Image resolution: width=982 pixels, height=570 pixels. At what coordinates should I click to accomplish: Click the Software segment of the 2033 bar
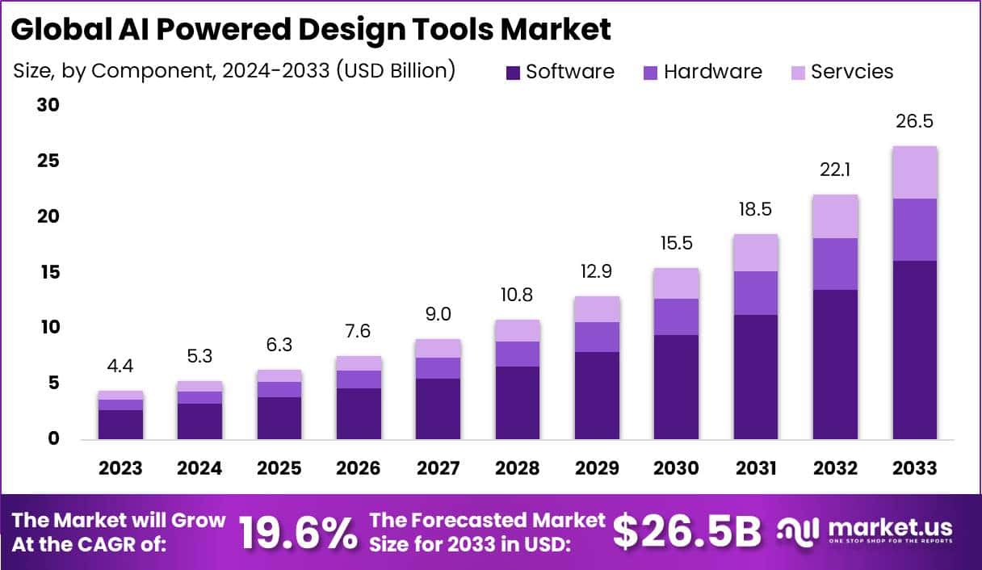click(x=914, y=350)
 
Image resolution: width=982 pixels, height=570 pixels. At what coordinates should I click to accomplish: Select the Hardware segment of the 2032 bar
click(x=835, y=264)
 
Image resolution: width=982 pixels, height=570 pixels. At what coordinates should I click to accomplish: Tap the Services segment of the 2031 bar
click(x=756, y=253)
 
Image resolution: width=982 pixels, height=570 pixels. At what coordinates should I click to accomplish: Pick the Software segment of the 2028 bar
click(x=518, y=402)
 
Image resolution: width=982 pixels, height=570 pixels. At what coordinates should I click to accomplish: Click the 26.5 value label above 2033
click(x=914, y=122)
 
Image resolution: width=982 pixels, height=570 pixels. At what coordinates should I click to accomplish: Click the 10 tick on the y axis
click(x=50, y=328)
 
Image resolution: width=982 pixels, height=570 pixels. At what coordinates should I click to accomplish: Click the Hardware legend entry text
click(x=712, y=72)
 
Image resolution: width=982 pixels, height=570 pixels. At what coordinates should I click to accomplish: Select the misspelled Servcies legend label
click(x=852, y=72)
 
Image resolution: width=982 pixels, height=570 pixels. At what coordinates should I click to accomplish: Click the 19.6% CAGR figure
click(x=298, y=532)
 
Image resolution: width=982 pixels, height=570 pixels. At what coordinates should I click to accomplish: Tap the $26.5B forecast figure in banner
click(x=686, y=532)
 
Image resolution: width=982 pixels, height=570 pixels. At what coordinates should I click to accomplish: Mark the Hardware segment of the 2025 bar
click(x=279, y=389)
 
